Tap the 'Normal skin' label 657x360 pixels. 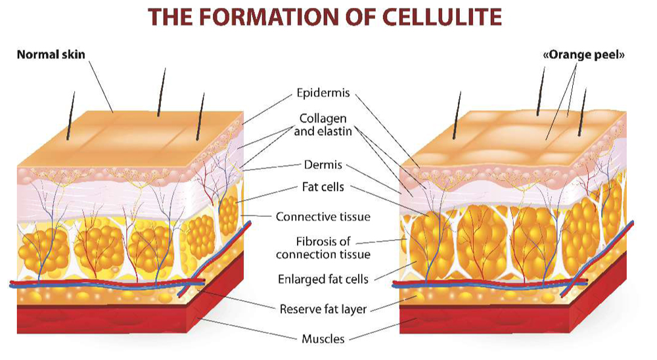51,54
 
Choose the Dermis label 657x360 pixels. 323,165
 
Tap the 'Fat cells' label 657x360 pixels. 323,188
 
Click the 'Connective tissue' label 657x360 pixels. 323,216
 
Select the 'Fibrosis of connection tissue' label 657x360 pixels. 323,248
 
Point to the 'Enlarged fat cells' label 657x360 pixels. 323,279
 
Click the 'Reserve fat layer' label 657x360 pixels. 323,308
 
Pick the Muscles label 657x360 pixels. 323,338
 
